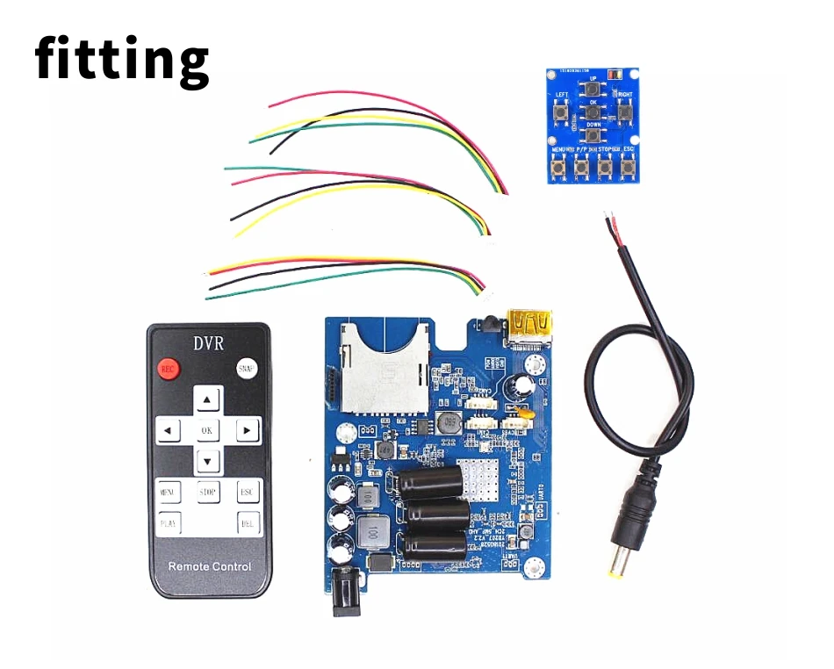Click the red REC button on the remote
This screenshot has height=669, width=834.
tap(168, 370)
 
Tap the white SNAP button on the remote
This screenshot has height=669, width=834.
tap(247, 370)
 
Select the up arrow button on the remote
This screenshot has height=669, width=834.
tap(207, 400)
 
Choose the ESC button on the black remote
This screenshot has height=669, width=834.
tap(249, 493)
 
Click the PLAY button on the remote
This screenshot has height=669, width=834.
tap(168, 524)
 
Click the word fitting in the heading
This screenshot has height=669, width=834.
tap(122, 59)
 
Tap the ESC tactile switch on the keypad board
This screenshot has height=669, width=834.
tap(628, 166)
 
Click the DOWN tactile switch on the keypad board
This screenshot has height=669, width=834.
tap(593, 137)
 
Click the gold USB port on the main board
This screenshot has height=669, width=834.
tap(528, 327)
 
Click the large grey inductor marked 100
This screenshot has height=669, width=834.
tap(374, 532)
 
